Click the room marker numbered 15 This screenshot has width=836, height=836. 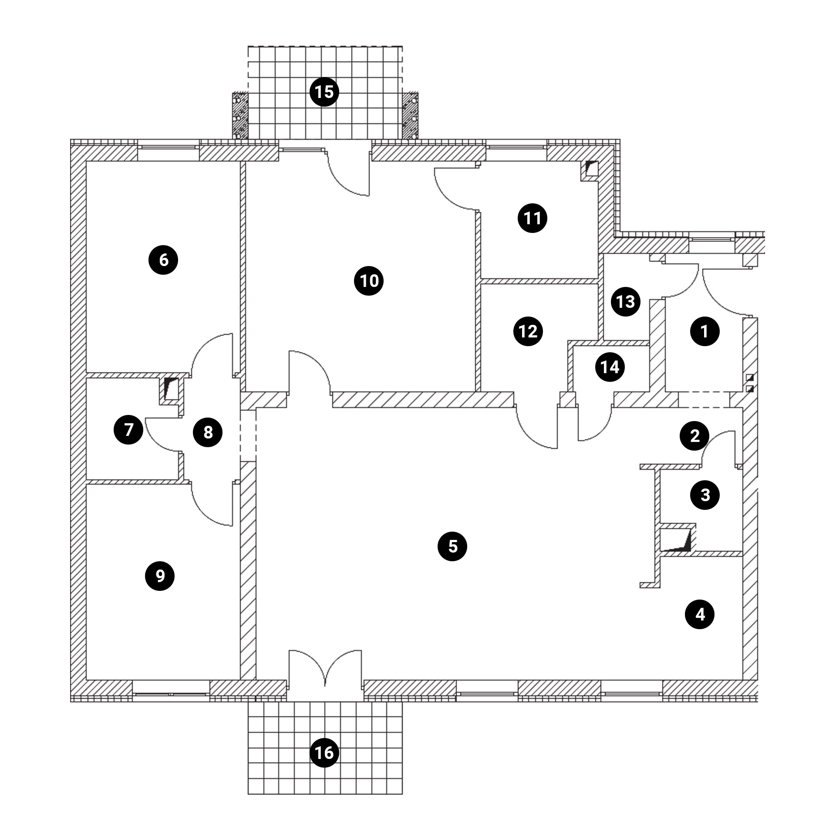[324, 92]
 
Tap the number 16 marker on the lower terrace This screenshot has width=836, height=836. [324, 752]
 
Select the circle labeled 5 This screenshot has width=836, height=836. [452, 546]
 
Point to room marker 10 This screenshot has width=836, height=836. [369, 281]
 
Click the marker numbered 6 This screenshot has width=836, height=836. [163, 260]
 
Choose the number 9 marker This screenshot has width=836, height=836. [160, 576]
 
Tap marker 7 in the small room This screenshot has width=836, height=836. [128, 430]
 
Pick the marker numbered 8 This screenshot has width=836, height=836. [208, 432]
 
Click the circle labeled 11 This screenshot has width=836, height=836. [532, 218]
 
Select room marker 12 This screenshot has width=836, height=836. [528, 331]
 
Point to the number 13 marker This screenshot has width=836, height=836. [626, 301]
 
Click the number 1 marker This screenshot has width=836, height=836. [705, 332]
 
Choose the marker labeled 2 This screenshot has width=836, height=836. [695, 435]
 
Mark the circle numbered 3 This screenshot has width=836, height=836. [705, 495]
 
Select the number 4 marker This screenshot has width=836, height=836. [700, 614]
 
